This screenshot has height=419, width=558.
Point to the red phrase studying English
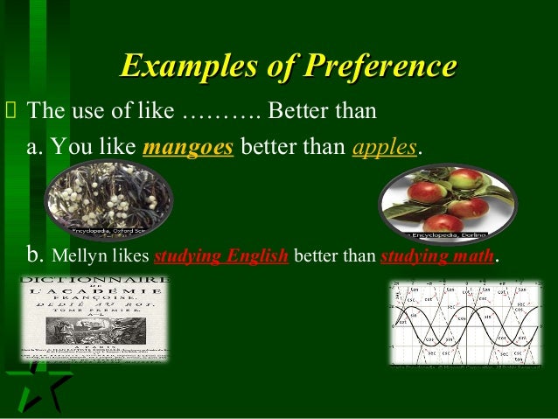coord(221,259)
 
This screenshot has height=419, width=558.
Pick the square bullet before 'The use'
coord(10,113)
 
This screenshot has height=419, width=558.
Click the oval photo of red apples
coord(447,202)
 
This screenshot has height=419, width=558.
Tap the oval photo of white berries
coord(108,201)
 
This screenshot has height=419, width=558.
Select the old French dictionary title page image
coord(94,318)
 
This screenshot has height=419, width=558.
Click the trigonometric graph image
coord(464,323)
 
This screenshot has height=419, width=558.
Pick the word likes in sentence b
coord(129,259)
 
